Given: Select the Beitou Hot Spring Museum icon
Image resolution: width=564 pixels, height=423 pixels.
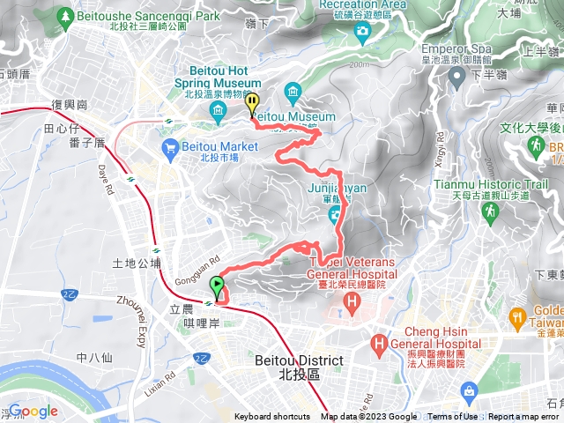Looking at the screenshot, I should tap(218, 110).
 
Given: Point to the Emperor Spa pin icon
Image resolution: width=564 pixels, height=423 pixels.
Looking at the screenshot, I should tap(456, 77).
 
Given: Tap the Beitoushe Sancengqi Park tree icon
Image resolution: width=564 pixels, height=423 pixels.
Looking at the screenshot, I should tap(65, 17).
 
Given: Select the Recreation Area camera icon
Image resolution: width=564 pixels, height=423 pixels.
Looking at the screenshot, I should tap(362, 33).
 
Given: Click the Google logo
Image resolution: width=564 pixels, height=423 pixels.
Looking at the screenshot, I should tap(33, 411).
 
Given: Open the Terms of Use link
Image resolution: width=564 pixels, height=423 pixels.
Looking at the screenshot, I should tap(453, 417).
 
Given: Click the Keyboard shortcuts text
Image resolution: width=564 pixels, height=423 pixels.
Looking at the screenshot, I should tap(271, 417).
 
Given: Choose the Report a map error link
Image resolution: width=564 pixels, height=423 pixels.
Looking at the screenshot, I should tap(525, 417).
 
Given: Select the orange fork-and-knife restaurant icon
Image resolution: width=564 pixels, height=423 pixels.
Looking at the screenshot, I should tap(517, 315).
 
